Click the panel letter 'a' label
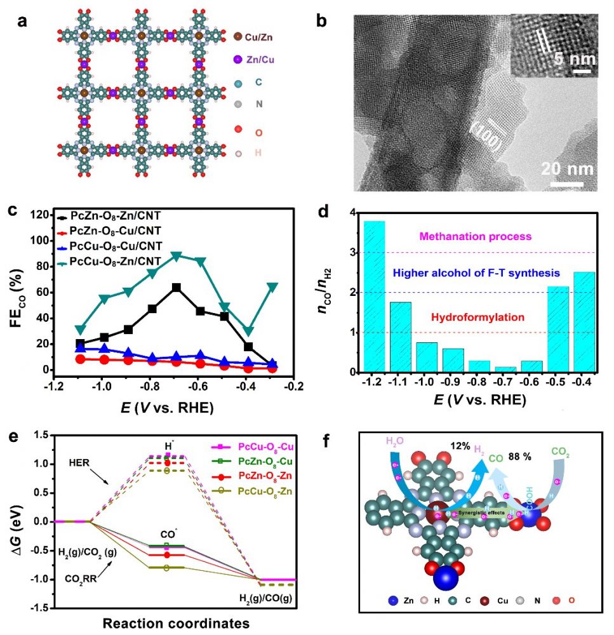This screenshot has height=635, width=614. point(23,22)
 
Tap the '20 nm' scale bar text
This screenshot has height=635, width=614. point(567,169)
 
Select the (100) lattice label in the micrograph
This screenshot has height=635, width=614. point(488,137)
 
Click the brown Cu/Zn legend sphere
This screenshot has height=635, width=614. point(237,38)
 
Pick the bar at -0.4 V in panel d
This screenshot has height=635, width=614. point(584,322)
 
